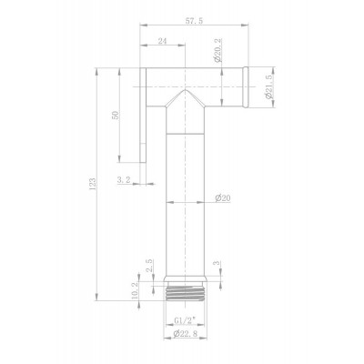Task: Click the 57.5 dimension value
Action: (194, 21)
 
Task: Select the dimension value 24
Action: (163, 41)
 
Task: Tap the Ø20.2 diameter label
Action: (218, 51)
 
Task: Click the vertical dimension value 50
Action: (116, 115)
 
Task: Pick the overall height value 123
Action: (92, 184)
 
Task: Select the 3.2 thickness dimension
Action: (124, 180)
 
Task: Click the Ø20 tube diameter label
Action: (223, 198)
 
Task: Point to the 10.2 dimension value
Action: (135, 290)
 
